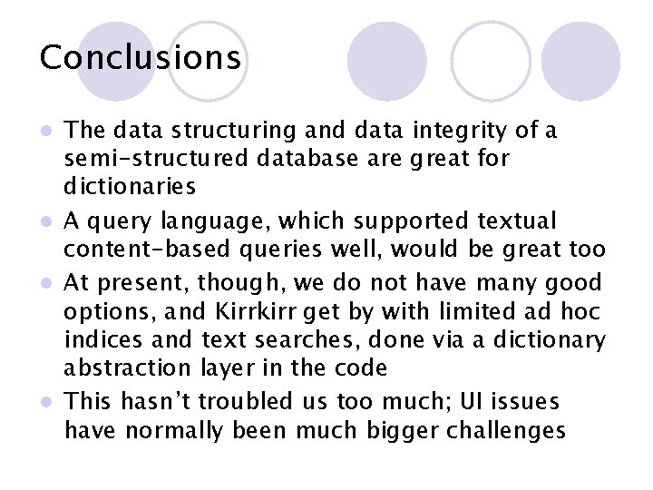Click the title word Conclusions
[x=141, y=58]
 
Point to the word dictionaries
[x=130, y=188]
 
